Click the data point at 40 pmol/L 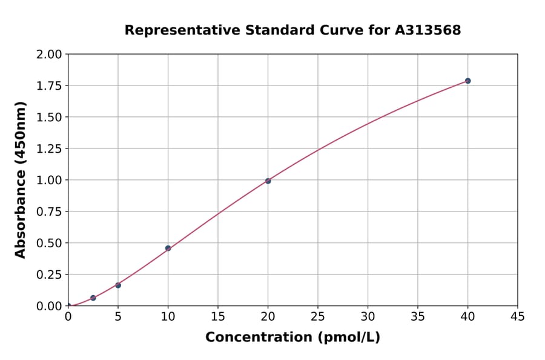(467, 81)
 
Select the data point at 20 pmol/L (268, 181)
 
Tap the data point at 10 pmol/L (168, 248)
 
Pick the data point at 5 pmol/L (118, 285)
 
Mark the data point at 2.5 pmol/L (93, 298)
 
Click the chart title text (292, 30)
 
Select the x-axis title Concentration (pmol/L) (292, 338)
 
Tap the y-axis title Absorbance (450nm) (21, 180)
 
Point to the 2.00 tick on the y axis (49, 55)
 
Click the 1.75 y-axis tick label (49, 86)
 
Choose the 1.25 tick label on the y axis (49, 149)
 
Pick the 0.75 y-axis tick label (49, 212)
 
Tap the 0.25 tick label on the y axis (49, 275)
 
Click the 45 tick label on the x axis (517, 316)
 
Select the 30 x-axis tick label (368, 316)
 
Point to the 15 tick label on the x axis (218, 316)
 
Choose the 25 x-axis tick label (318, 316)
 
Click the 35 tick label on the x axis (418, 316)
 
